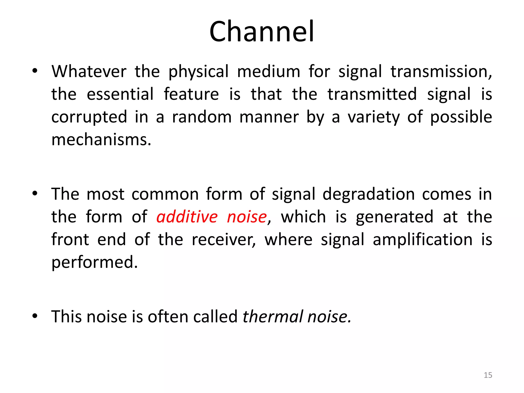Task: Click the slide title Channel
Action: click(262, 31)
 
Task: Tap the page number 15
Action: click(488, 375)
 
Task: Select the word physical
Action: click(198, 72)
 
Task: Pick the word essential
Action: click(120, 94)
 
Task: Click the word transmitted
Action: click(372, 94)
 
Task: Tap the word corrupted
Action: click(89, 117)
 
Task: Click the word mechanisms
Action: click(101, 140)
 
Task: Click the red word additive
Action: click(187, 217)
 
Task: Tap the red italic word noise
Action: click(247, 217)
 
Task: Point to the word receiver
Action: click(224, 239)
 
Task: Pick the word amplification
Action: click(422, 239)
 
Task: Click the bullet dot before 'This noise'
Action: click(35, 316)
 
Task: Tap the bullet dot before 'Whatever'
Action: click(35, 71)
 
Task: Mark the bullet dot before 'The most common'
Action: click(35, 194)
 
